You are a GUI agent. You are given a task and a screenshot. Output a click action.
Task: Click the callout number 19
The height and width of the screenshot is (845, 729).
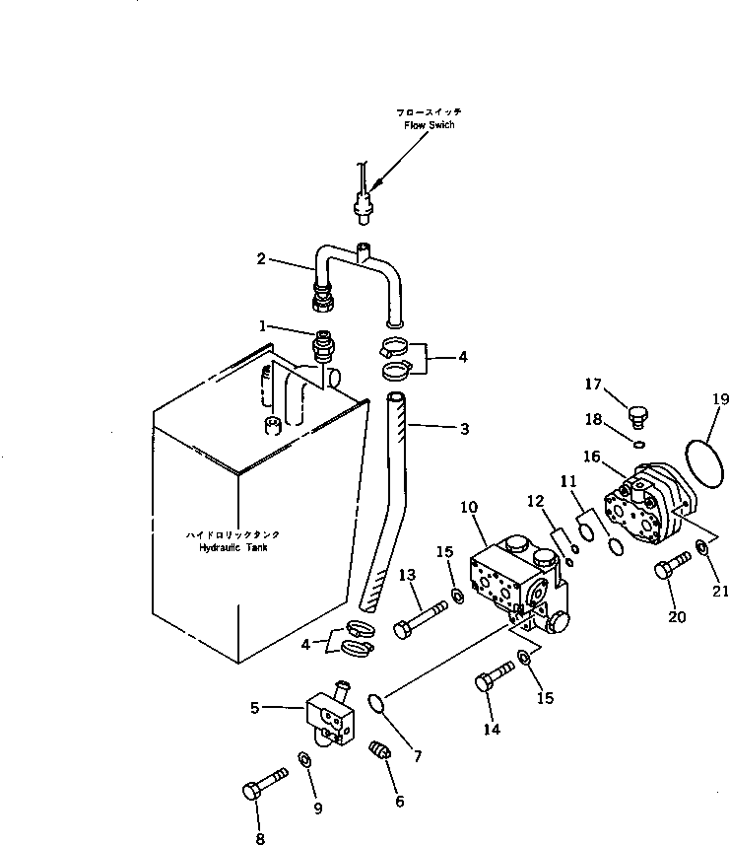[x=719, y=398]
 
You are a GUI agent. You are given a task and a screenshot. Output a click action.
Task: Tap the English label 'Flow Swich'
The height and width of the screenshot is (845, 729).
[x=429, y=125]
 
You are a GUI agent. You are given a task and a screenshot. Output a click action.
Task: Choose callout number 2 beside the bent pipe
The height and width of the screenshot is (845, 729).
[x=261, y=259]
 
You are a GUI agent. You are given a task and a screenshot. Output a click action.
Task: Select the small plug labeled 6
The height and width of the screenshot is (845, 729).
[x=381, y=751]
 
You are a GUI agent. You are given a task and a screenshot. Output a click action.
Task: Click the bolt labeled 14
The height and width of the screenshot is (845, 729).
[x=496, y=679]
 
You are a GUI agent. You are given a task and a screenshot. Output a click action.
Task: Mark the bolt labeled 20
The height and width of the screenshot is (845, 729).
[x=673, y=570]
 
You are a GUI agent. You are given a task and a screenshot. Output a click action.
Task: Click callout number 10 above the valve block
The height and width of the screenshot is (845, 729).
[x=469, y=506]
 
